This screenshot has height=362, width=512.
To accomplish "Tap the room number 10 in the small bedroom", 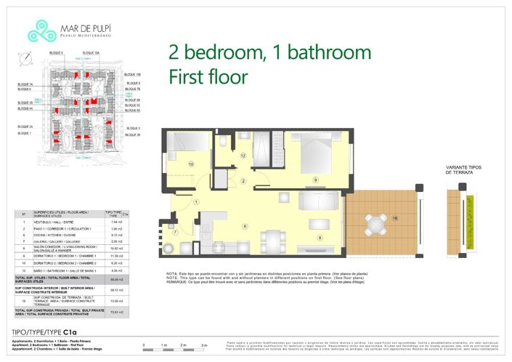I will pos(190,164).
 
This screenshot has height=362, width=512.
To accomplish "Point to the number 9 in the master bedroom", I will pos(316,180).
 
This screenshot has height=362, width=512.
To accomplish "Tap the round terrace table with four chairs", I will pos(377,222).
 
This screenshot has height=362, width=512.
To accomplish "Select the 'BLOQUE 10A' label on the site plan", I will pos(91,53).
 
